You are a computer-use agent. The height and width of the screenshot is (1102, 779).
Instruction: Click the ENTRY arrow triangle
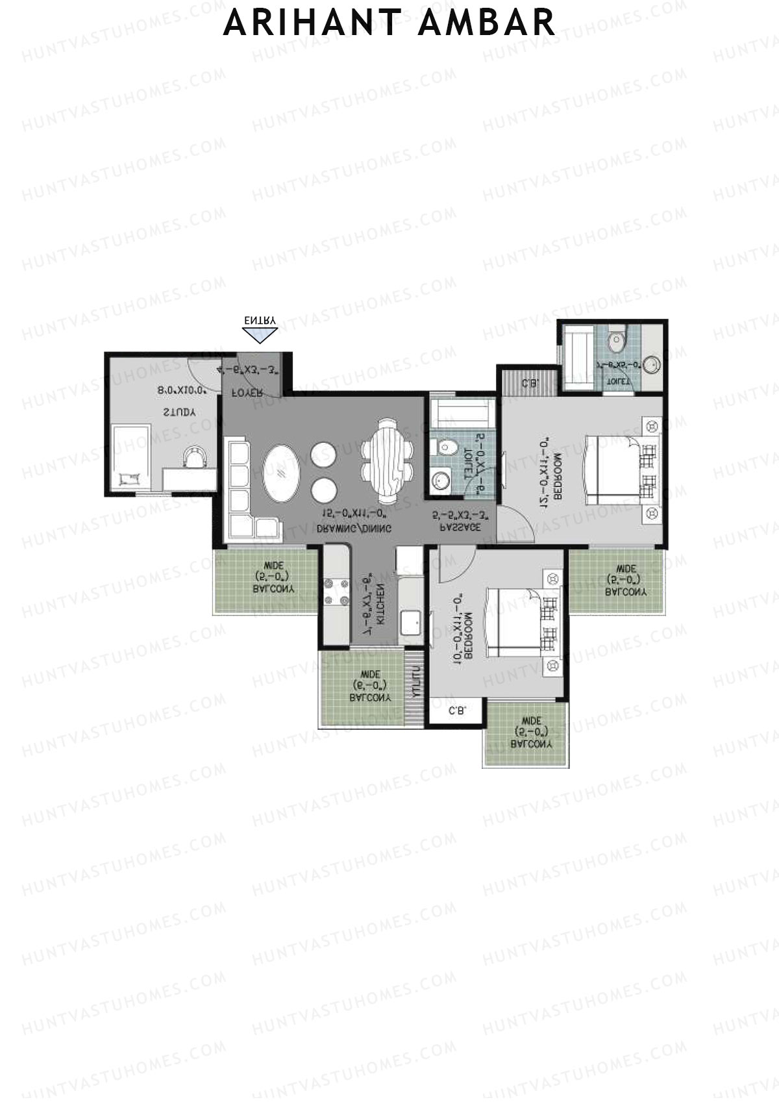260,334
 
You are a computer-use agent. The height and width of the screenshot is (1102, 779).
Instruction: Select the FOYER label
248,392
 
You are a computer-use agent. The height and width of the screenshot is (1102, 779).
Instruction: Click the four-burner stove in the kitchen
335,592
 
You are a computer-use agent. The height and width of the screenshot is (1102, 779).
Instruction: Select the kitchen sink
410,622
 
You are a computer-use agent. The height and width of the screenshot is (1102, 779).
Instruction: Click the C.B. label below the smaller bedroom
456,712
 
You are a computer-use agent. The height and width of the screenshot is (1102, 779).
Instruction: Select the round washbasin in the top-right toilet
652,365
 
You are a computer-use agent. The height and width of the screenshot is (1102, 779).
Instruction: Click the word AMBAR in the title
488,23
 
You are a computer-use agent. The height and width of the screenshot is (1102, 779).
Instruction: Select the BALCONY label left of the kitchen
273,589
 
